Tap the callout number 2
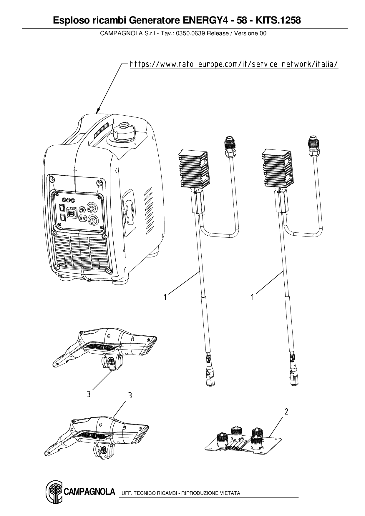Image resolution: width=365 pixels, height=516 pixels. pyautogui.click(x=286, y=412)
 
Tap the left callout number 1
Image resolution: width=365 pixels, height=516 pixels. pyautogui.click(x=165, y=297)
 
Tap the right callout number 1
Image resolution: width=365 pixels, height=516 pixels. pyautogui.click(x=252, y=297)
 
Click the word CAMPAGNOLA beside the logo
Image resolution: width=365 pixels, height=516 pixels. pyautogui.click(x=89, y=492)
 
